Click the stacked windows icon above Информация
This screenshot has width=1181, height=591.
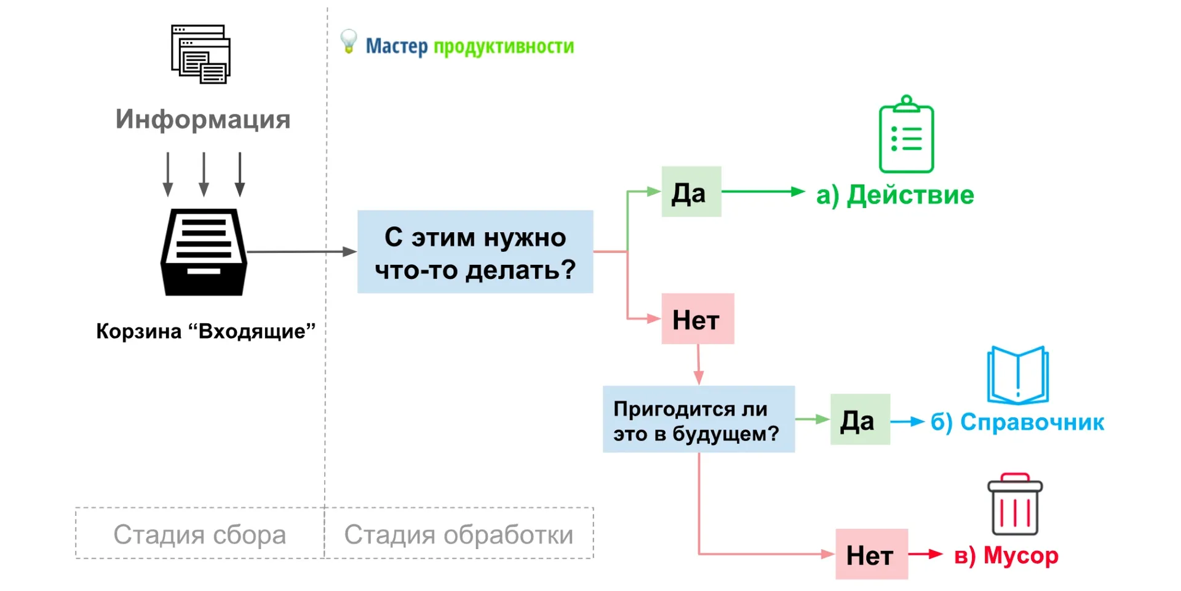coord(201,54)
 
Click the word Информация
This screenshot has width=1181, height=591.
coord(203,119)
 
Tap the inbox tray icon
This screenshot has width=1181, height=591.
coord(204,252)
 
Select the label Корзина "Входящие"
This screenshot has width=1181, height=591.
coord(205,331)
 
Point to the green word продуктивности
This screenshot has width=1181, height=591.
coord(503,46)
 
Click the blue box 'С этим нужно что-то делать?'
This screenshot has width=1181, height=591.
coord(475,252)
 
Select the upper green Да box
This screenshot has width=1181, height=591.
coord(691,192)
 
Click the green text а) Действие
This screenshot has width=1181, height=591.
coord(895,195)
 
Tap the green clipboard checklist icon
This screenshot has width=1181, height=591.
coord(906,135)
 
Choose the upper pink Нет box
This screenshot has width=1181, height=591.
coord(698,319)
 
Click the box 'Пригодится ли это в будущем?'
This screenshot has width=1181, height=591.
coord(698,420)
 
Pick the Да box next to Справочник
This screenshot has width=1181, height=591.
coord(859,420)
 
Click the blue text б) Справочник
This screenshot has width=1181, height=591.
coord(1017,422)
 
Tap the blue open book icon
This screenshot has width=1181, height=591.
coord(1017,376)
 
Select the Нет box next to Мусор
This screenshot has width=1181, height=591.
coord(871,554)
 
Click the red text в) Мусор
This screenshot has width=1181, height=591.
coord(1006,555)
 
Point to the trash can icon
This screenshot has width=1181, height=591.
coord(1015,505)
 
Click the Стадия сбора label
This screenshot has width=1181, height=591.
coord(200,534)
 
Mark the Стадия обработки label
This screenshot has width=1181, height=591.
coord(458,534)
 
